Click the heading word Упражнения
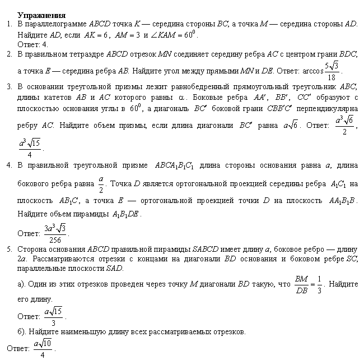(x=41, y=15)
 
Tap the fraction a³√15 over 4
(x=30, y=145)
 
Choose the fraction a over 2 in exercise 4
(x=101, y=183)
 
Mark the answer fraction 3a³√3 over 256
(x=55, y=232)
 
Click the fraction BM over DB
(x=301, y=284)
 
